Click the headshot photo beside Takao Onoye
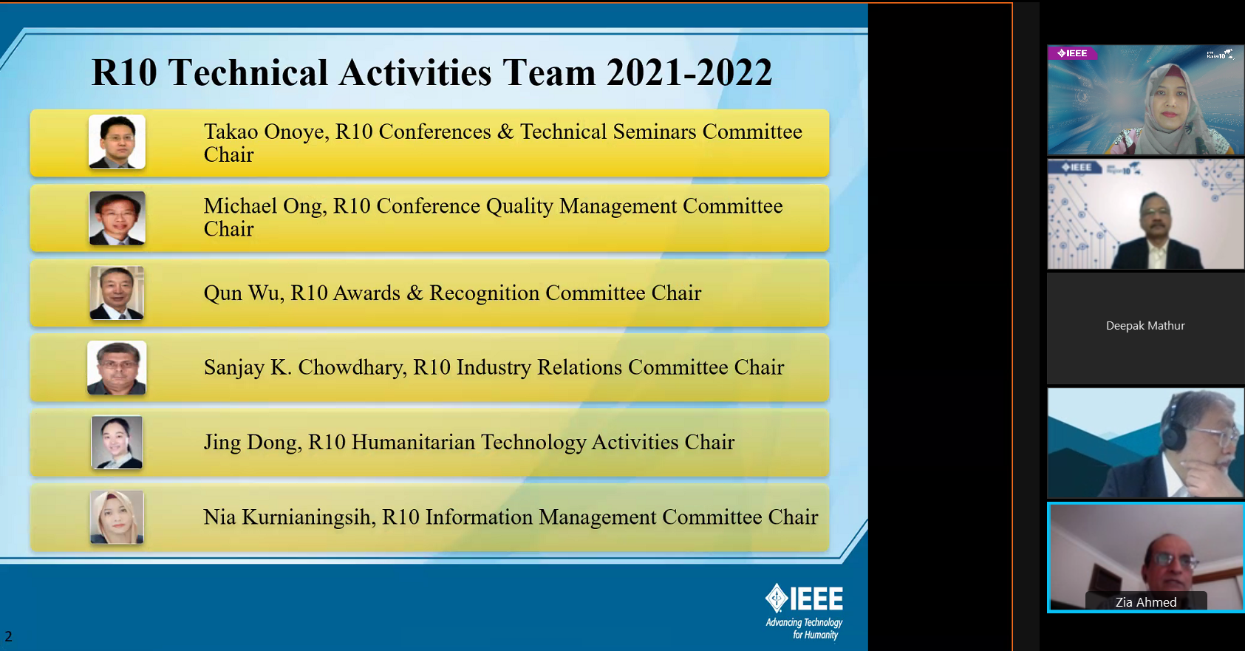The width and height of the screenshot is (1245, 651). (x=117, y=142)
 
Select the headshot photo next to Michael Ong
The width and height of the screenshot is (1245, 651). (x=117, y=218)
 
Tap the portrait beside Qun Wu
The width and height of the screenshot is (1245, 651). (x=117, y=293)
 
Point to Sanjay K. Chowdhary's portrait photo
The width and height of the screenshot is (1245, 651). (x=117, y=368)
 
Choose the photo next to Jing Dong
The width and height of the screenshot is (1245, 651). (x=117, y=443)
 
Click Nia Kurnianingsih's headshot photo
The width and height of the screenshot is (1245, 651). (x=117, y=517)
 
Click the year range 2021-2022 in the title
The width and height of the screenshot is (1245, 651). (x=689, y=72)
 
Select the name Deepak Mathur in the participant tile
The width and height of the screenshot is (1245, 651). (x=1145, y=326)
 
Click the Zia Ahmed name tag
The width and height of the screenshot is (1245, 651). (x=1146, y=602)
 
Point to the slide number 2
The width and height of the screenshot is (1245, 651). (x=8, y=636)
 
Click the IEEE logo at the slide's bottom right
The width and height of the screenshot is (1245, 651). (x=804, y=599)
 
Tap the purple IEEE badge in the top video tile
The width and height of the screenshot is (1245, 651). (x=1072, y=52)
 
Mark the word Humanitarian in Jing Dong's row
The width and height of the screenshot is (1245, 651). (x=413, y=443)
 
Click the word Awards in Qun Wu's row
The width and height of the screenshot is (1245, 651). (x=366, y=293)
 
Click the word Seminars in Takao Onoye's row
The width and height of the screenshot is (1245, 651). (x=654, y=132)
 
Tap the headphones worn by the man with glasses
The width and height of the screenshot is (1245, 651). (x=1174, y=423)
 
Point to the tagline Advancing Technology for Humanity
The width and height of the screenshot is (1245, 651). (x=804, y=628)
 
